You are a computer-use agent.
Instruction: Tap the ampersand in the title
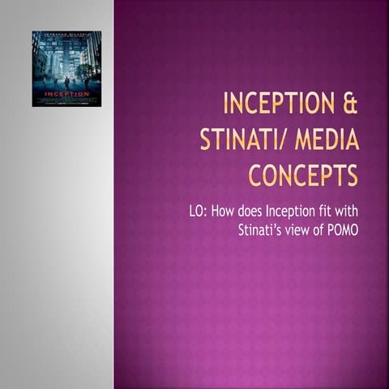(348, 105)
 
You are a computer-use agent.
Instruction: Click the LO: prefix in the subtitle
(197, 212)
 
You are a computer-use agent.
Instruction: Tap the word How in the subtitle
(224, 212)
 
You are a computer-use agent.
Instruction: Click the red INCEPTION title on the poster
(66, 92)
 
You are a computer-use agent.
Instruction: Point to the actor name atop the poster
(66, 34)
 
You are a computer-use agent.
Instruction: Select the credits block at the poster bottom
(66, 101)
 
